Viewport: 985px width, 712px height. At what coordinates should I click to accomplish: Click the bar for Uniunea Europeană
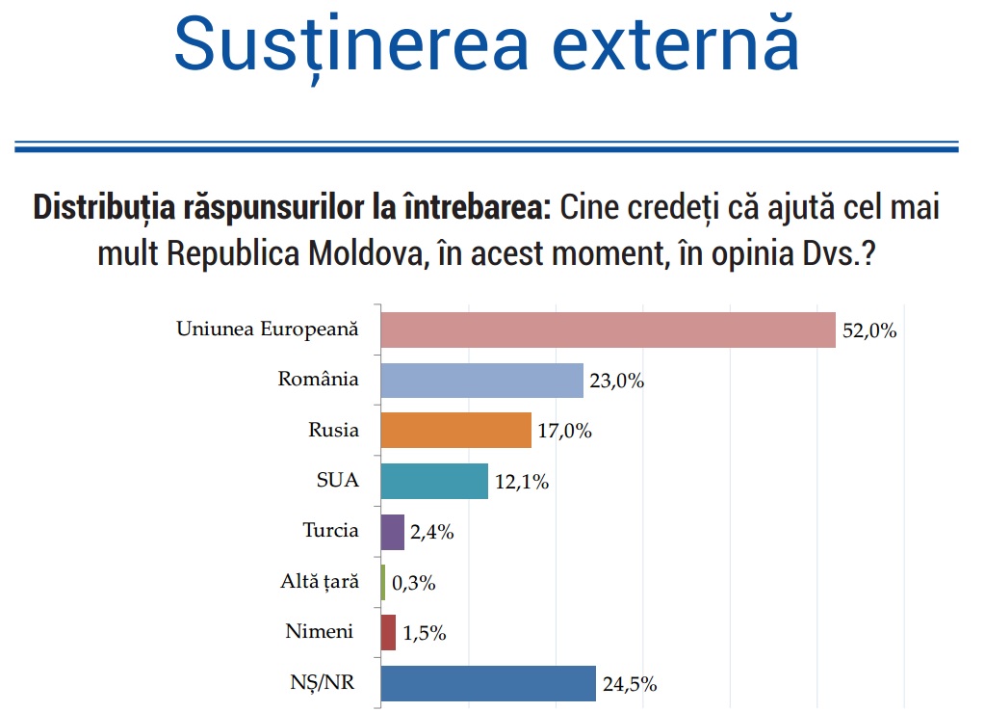[609, 330]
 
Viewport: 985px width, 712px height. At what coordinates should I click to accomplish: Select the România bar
[481, 381]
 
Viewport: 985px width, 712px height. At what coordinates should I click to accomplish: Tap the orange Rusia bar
[456, 431]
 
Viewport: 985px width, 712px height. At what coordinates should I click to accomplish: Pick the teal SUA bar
[434, 482]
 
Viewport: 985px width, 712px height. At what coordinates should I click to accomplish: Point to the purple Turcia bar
[393, 532]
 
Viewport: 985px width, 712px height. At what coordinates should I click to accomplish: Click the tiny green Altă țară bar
[383, 583]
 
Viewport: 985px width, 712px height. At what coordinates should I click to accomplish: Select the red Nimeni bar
[388, 633]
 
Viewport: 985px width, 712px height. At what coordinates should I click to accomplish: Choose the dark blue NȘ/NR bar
[488, 684]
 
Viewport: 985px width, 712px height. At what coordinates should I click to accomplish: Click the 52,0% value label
[869, 330]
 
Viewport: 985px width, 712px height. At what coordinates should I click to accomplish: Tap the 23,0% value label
[617, 381]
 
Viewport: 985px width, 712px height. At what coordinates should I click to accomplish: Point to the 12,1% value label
[522, 482]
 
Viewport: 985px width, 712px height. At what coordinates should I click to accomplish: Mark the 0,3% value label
[414, 583]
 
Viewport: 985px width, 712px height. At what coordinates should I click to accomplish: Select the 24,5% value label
[630, 684]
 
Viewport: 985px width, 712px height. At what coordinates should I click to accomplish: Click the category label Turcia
[331, 530]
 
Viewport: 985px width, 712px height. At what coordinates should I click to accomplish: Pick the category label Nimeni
[319, 631]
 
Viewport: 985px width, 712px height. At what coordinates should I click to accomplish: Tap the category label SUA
[338, 480]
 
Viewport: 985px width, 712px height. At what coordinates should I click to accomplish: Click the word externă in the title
[676, 43]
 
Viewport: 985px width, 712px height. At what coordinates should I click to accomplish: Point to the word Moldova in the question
[366, 254]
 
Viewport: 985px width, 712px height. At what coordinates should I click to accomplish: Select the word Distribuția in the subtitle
[104, 208]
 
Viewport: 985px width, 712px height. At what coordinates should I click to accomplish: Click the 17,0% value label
[565, 431]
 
